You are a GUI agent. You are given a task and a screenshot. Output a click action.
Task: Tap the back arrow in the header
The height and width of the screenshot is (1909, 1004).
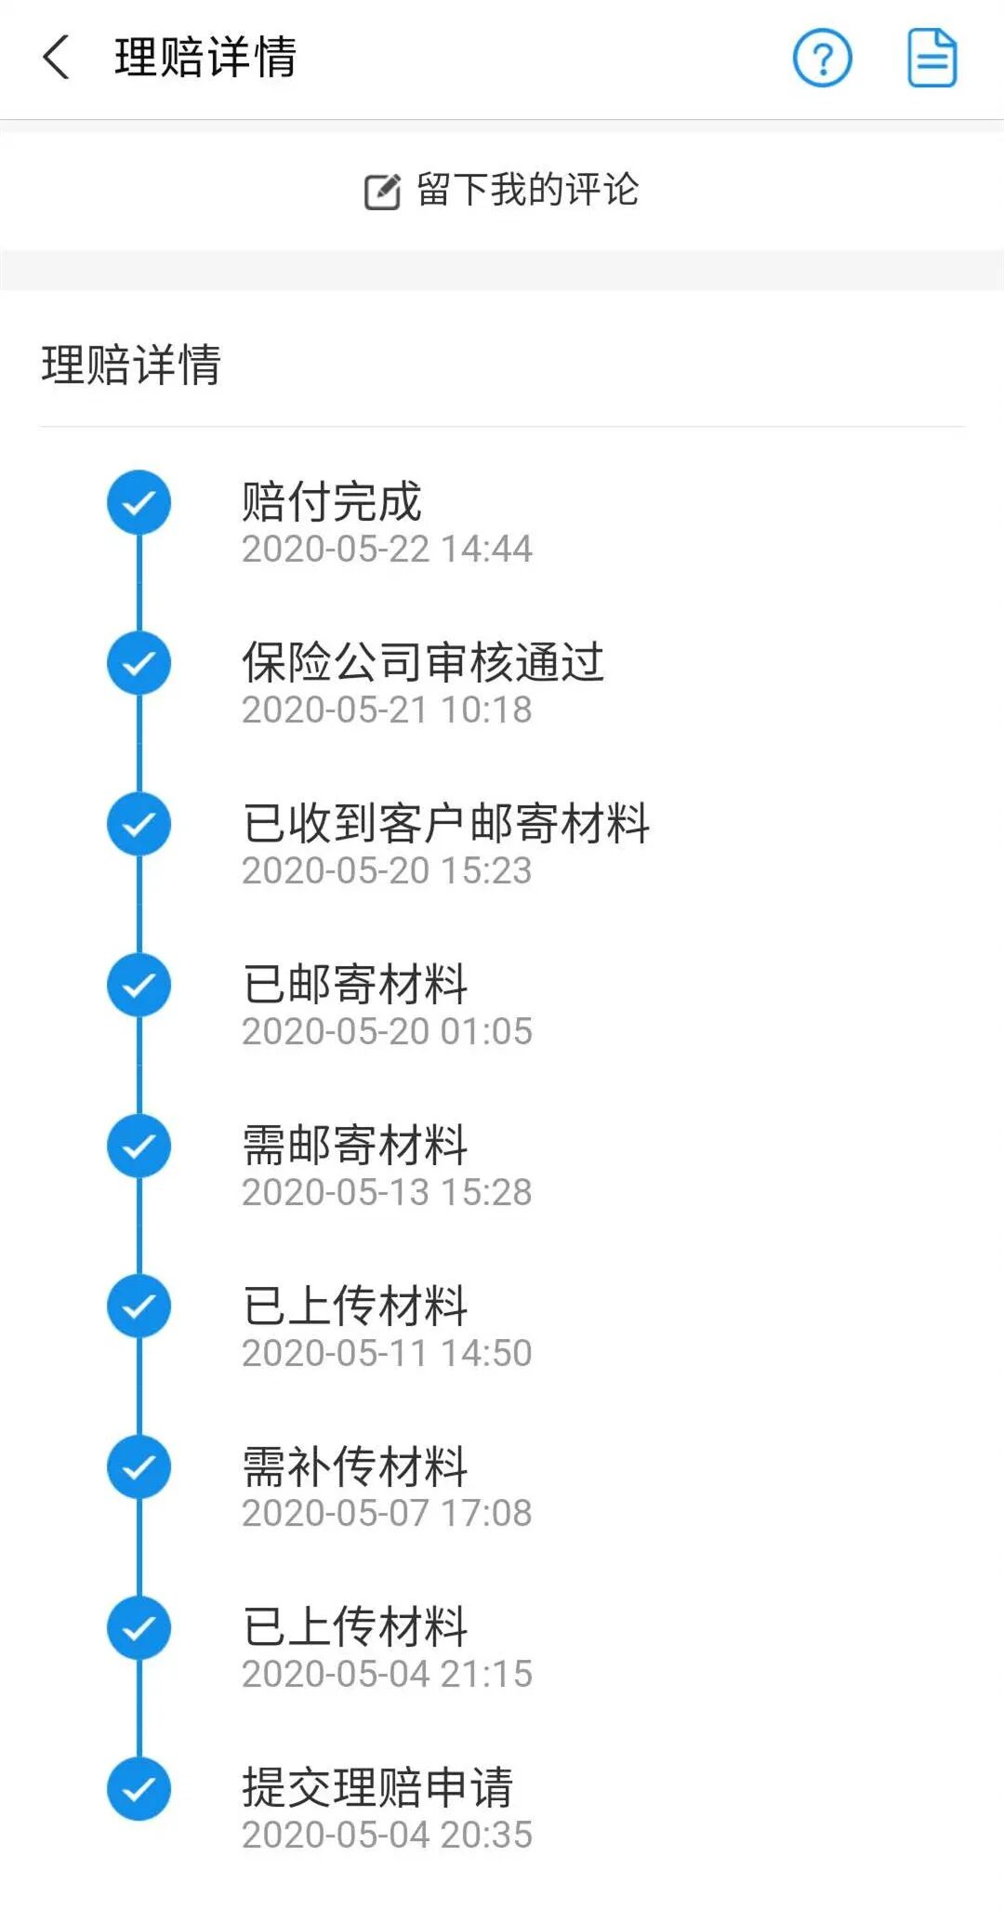57,58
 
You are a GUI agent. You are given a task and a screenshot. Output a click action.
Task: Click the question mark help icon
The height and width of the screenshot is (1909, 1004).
822,58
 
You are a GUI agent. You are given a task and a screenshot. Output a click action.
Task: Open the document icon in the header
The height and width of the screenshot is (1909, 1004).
931,58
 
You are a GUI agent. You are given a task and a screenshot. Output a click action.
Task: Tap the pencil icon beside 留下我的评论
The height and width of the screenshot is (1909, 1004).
381,192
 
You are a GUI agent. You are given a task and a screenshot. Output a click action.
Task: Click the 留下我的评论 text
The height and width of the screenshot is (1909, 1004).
527,190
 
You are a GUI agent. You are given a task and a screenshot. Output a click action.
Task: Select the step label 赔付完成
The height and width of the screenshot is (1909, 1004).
331,502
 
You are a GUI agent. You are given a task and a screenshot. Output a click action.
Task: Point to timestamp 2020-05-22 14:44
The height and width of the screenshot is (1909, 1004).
387,550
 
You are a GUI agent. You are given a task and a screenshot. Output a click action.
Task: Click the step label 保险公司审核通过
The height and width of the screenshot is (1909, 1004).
423,663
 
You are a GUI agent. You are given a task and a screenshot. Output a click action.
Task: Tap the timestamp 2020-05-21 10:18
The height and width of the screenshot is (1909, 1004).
387,710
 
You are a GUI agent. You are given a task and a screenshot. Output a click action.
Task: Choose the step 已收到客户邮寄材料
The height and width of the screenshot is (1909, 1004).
445,824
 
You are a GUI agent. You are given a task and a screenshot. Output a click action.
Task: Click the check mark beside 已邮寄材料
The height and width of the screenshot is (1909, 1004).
139,985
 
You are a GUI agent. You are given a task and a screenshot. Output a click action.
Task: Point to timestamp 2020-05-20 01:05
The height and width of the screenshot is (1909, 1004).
387,1032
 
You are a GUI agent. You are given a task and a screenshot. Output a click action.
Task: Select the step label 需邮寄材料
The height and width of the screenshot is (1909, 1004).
354,1146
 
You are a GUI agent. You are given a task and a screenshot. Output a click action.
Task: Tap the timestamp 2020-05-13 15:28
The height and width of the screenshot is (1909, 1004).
387,1193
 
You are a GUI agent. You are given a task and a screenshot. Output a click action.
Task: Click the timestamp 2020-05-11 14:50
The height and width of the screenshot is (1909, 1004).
387,1354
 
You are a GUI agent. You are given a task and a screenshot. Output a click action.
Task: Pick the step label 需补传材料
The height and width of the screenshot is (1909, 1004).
354,1467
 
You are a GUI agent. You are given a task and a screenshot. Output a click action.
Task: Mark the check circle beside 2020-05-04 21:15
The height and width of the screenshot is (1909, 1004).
139,1628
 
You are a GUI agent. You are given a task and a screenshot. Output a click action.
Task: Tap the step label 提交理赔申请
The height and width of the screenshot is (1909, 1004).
376,1787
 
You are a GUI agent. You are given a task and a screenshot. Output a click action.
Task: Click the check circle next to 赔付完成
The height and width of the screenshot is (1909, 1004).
139,502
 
